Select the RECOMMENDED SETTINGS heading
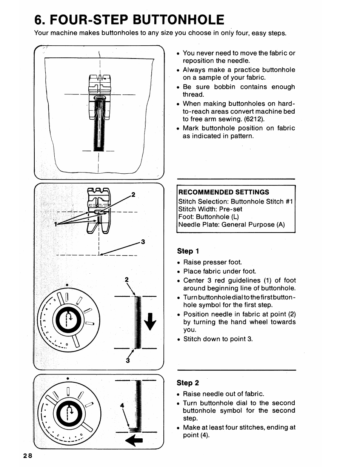pos(224,192)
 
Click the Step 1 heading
pos(188,251)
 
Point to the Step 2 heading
pos(188,383)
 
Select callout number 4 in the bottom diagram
pos(122,405)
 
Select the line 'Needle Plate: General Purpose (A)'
pos(231,225)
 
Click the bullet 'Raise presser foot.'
pos(212,262)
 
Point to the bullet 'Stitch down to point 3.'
pos(218,339)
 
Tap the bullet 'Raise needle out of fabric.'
pos(223,394)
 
